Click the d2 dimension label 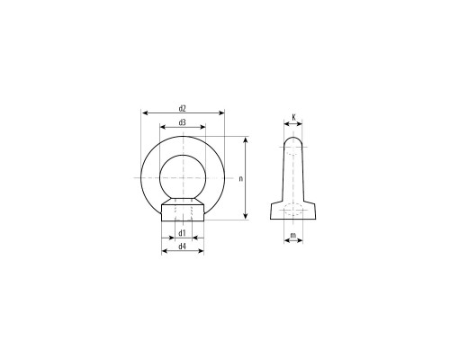(x=183, y=108)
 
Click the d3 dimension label (x=183, y=122)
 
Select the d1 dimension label (x=183, y=233)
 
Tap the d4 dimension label (x=183, y=247)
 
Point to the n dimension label (x=240, y=179)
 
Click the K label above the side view (x=293, y=117)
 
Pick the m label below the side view (x=293, y=235)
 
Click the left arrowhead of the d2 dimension (x=145, y=112)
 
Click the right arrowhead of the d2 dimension (x=221, y=112)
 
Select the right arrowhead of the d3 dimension (x=202, y=127)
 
